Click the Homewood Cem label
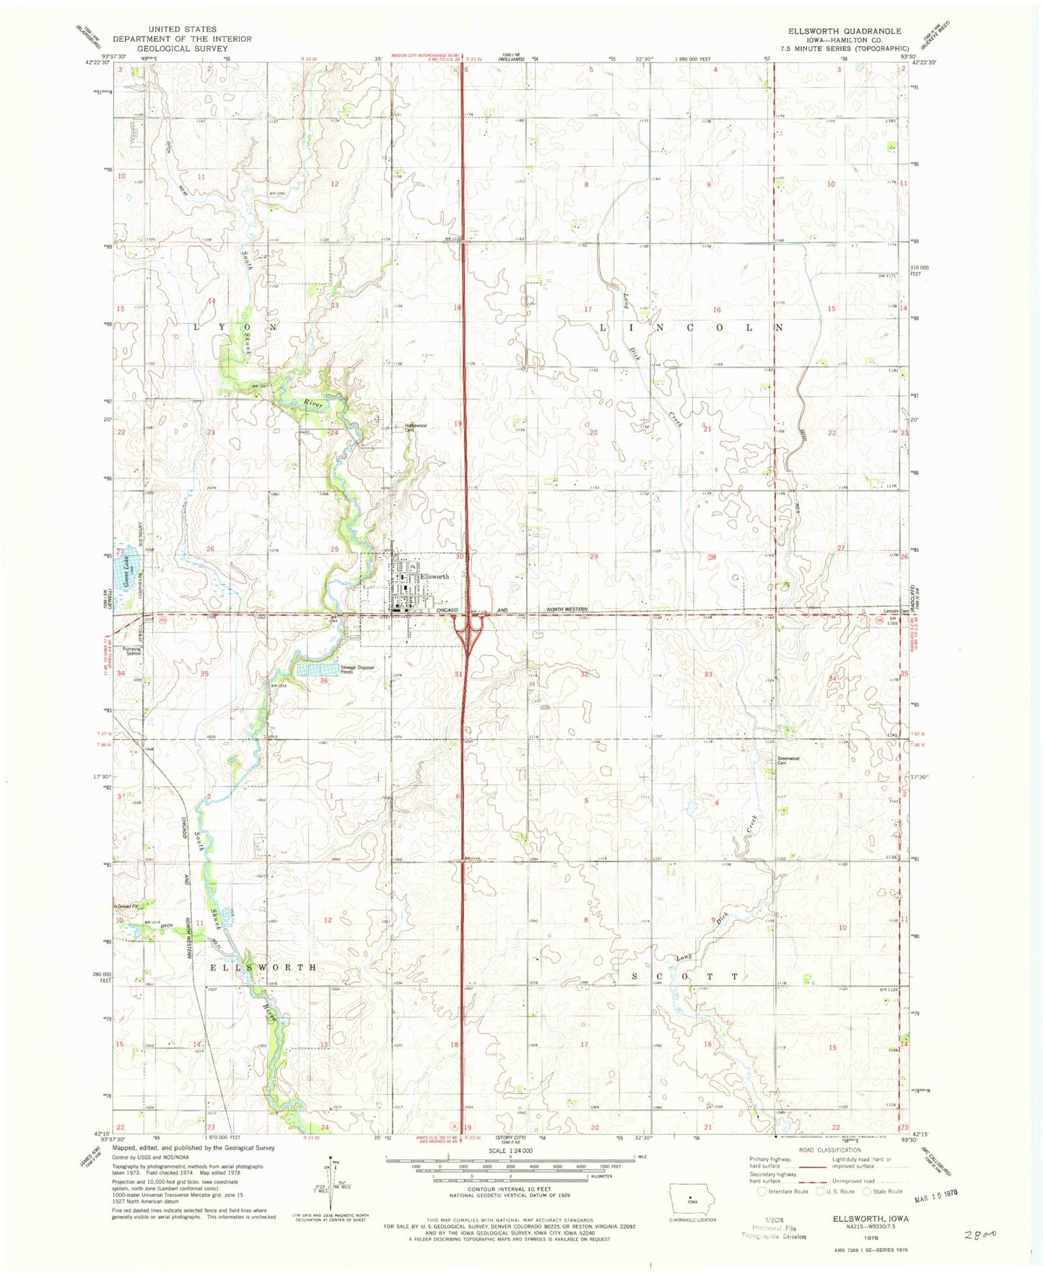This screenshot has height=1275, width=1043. (416, 427)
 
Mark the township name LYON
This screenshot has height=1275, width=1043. (235, 327)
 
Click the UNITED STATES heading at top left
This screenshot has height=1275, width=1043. (181, 30)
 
